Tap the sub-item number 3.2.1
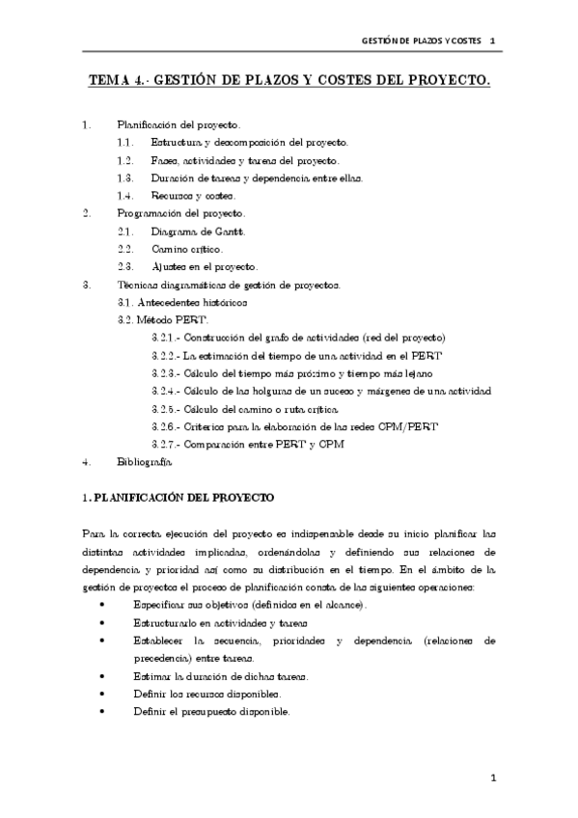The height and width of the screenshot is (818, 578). pos(166,338)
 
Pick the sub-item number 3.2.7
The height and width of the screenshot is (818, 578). pos(166,444)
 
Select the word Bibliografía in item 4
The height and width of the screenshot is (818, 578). pos(145,462)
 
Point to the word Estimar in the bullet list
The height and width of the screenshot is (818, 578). pos(155,676)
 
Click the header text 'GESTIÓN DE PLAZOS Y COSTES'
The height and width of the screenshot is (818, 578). pos(415,41)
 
